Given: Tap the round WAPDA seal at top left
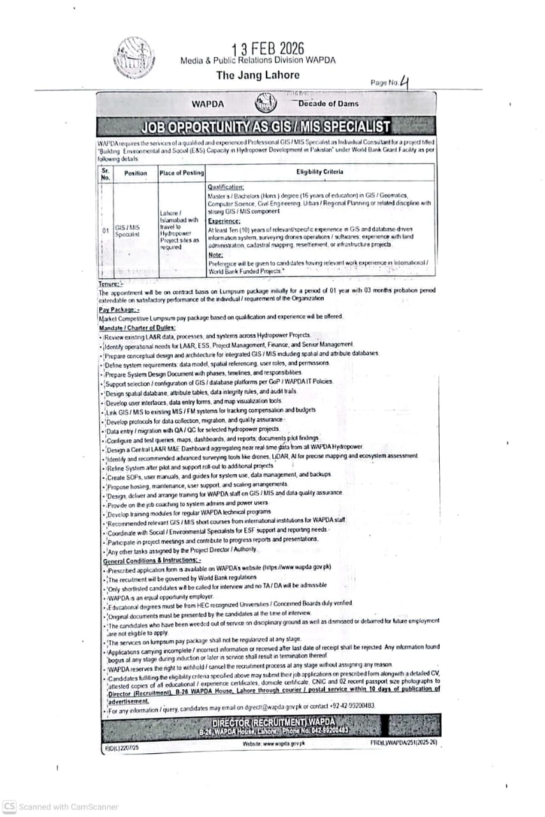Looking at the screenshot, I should (x=134, y=57).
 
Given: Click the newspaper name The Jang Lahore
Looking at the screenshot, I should (x=258, y=75).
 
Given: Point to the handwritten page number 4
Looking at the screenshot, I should (x=403, y=81).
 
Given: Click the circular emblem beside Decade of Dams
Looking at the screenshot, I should (x=266, y=103).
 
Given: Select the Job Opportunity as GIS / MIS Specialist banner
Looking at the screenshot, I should (x=266, y=126).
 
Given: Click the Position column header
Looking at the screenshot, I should (x=135, y=173).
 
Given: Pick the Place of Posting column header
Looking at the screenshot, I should (x=182, y=173).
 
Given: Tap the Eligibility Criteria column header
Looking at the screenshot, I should (x=319, y=172).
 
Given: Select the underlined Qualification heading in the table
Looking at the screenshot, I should (x=226, y=187).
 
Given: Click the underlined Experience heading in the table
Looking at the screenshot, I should (x=223, y=221).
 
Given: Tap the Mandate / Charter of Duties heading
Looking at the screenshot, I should (x=137, y=327).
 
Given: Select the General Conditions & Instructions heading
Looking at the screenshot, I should (x=152, y=560).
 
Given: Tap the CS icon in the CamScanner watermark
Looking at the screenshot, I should (x=9, y=806).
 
